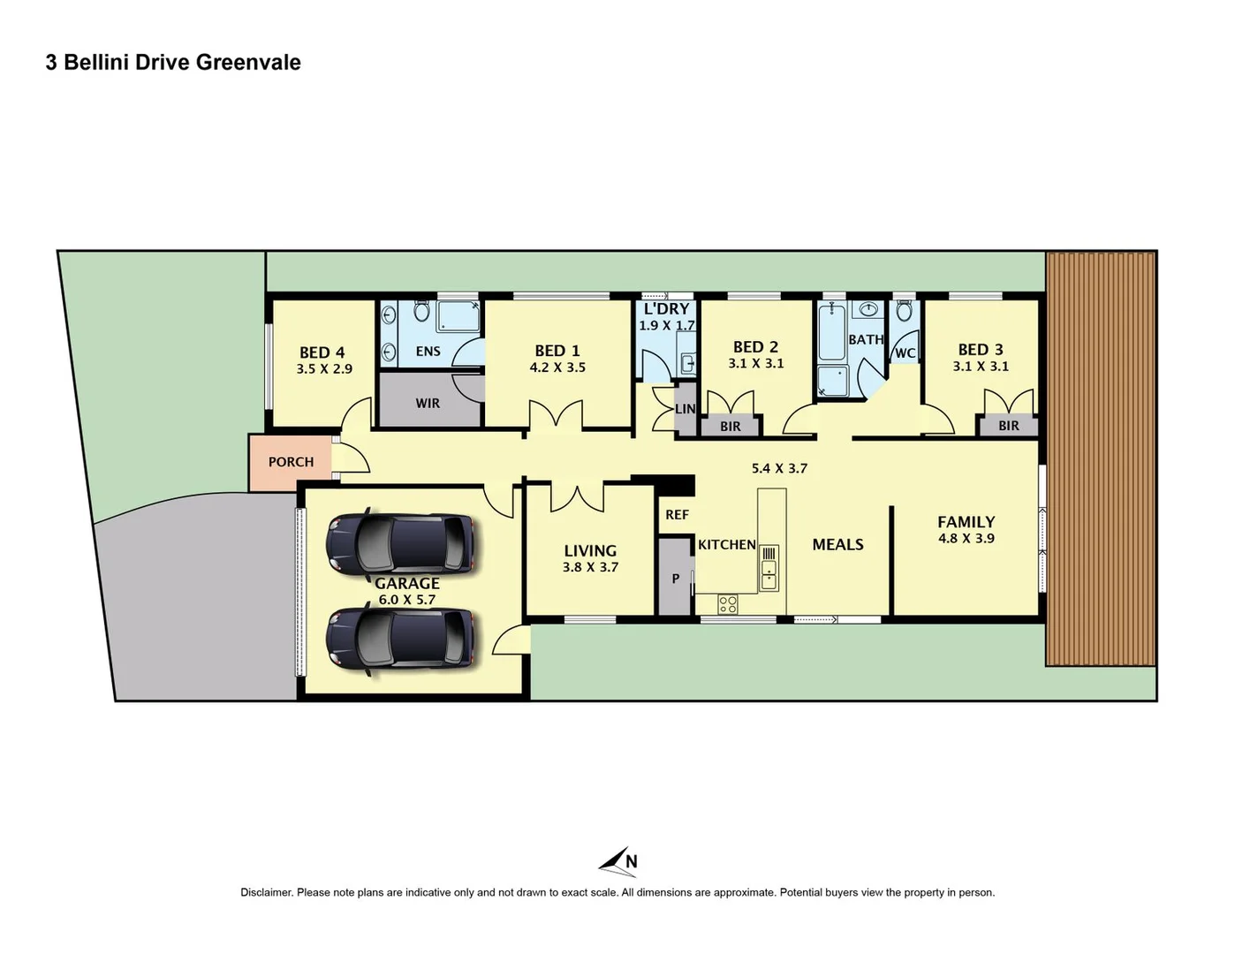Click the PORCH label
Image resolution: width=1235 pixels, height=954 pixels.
coord(291,462)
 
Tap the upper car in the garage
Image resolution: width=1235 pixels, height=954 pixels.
coord(400,542)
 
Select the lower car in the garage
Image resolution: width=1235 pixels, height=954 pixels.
coord(400,638)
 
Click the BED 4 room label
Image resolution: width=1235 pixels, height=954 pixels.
coord(322,352)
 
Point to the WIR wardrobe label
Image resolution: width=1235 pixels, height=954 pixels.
coord(428,403)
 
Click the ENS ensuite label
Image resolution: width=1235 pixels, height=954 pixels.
coord(428,352)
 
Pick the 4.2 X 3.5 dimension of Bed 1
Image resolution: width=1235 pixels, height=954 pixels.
coord(557,367)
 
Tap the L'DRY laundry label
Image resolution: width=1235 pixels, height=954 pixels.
coord(666,309)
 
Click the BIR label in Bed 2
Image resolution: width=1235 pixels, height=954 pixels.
coord(731,427)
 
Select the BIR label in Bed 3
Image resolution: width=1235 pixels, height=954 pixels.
coord(1009,426)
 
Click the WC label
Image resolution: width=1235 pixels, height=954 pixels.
coord(905,353)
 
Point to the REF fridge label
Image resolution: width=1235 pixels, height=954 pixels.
coord(677,515)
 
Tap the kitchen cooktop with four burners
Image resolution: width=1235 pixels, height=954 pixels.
coord(728,604)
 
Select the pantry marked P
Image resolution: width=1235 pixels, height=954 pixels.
coord(676,579)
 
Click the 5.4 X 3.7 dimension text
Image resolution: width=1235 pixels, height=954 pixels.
coord(779,468)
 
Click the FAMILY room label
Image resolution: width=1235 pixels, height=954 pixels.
coord(966,522)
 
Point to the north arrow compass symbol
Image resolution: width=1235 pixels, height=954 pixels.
coord(618,861)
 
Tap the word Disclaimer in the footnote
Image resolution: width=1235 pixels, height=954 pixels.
coord(266,892)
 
